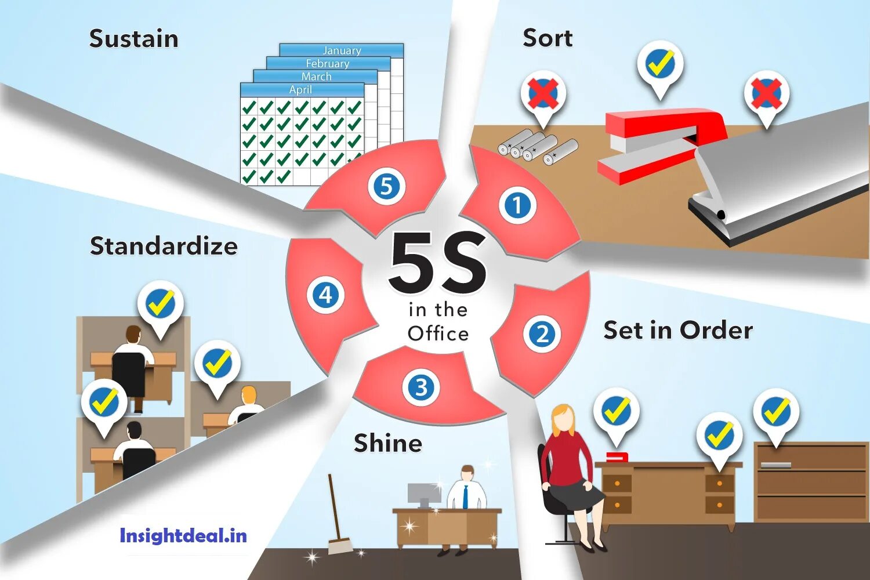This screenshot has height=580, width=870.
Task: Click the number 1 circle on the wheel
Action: click(517, 205)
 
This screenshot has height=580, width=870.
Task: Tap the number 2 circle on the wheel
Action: click(542, 334)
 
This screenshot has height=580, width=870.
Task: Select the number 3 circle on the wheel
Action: click(421, 387)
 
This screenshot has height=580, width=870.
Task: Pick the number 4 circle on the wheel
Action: click(325, 295)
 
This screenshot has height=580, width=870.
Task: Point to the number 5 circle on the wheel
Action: click(386, 187)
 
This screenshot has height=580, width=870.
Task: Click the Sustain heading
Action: click(133, 39)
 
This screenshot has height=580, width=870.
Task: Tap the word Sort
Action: click(547, 38)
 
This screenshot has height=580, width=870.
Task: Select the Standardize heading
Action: click(164, 246)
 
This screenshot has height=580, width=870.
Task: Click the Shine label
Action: click(388, 443)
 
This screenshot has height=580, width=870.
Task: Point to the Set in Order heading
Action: click(677, 331)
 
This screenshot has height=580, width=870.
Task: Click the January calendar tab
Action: click(342, 50)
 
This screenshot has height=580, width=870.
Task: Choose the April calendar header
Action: click(300, 90)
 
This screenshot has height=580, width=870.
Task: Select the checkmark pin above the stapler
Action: click(660, 64)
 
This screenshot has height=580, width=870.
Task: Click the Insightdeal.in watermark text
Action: click(183, 535)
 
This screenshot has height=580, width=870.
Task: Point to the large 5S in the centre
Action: click(438, 263)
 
